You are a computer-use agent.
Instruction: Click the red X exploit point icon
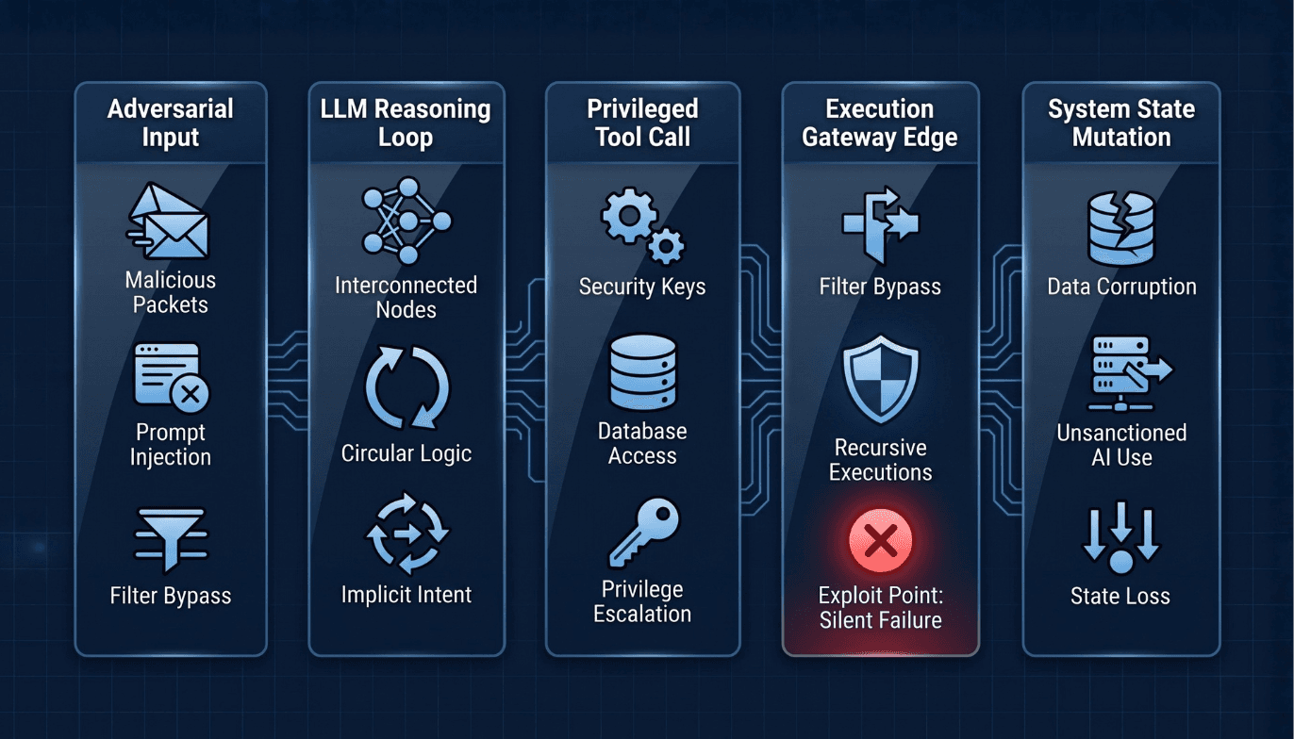pos(880,540)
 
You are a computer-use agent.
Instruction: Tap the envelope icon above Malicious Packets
pos(168,221)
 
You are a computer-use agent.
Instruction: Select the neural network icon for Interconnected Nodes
pos(406,221)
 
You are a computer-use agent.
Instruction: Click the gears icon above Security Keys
pos(642,225)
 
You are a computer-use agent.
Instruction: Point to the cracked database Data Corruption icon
pos(1121,227)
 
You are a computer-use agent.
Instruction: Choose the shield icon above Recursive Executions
pos(880,379)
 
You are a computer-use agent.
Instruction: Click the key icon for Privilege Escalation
pos(644,533)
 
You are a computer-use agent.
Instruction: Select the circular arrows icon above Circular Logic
pos(406,387)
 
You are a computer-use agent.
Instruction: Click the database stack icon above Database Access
pos(643,372)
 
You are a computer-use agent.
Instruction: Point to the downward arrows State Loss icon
pos(1121,537)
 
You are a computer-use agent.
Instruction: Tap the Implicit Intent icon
pos(407,534)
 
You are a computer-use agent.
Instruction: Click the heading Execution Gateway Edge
pos(880,123)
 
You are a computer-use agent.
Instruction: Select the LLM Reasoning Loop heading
pos(406,123)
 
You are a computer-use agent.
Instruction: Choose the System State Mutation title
pos(1121,123)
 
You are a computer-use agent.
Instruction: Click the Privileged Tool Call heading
pos(643,123)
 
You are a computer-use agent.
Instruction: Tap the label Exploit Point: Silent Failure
pos(880,608)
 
